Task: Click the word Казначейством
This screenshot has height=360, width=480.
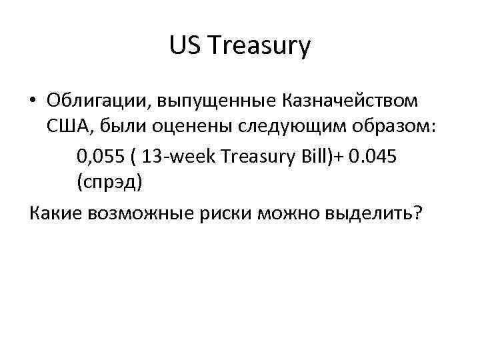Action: (x=353, y=101)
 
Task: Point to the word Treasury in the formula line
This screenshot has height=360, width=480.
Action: (x=257, y=157)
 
